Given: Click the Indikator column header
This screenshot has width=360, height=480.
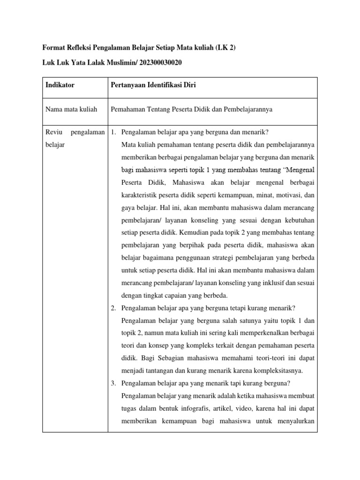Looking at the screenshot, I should [x=60, y=85].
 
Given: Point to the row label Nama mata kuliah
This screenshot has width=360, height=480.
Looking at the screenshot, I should [x=71, y=109].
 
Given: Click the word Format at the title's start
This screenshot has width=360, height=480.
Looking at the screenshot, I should [x=53, y=47].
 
